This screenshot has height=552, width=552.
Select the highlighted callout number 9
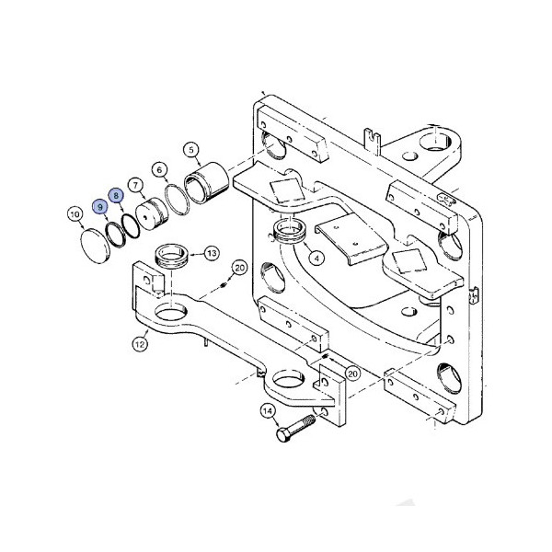(x=99, y=209)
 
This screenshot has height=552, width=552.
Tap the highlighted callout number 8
(x=116, y=195)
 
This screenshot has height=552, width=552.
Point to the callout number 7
(x=135, y=184)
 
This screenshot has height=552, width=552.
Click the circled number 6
(x=160, y=169)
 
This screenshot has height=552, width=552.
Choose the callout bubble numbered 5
(x=191, y=149)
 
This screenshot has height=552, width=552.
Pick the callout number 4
(x=316, y=258)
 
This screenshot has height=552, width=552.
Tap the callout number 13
(x=211, y=253)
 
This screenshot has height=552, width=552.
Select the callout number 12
(x=141, y=345)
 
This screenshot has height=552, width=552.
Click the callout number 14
(x=268, y=411)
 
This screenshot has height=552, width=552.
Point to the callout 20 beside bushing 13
(x=239, y=268)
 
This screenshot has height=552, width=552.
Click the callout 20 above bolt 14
(x=351, y=374)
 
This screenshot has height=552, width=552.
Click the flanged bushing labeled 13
(x=173, y=254)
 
